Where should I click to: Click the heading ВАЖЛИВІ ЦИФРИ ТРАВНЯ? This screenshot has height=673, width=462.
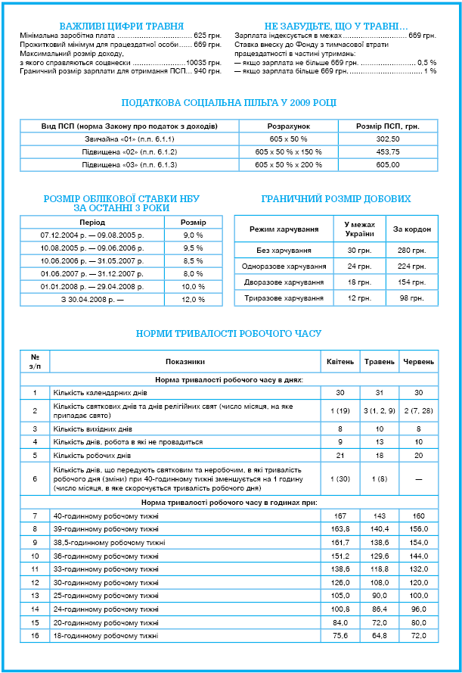click(122, 26)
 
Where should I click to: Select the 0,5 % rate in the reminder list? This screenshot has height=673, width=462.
click(427, 62)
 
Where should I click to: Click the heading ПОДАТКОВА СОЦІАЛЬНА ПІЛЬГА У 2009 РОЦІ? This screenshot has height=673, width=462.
click(229, 103)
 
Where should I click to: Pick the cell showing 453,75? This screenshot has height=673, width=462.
click(388, 151)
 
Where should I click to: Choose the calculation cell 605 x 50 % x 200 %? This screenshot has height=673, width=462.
click(288, 164)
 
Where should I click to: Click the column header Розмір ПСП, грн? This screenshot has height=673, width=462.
click(388, 126)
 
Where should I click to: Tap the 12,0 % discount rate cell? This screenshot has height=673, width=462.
click(194, 299)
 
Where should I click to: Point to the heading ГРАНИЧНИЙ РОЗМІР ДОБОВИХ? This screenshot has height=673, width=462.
click(336, 199)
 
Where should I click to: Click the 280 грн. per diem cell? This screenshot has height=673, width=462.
click(412, 250)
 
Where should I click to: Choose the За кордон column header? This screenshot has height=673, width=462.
click(412, 228)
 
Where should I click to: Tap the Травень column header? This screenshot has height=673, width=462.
click(379, 362)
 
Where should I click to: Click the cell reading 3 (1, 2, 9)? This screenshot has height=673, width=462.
click(379, 410)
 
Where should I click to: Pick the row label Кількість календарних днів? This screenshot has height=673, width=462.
click(100, 393)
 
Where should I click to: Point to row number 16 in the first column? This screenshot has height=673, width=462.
click(35, 635)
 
